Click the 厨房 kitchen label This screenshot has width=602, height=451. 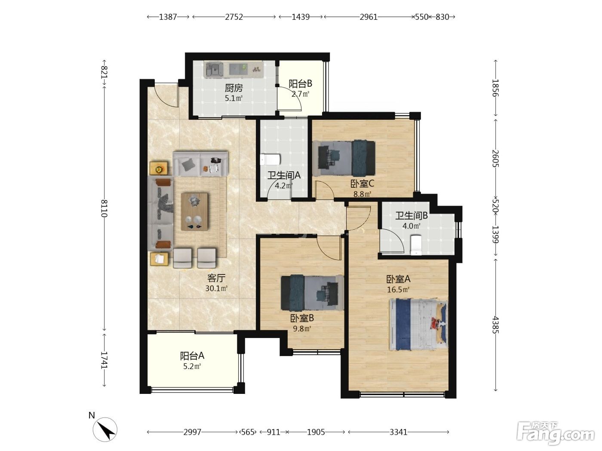click(x=233, y=88)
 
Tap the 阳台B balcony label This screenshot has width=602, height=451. click(x=300, y=84)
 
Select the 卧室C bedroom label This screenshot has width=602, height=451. click(x=362, y=183)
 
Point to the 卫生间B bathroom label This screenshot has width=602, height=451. click(x=411, y=216)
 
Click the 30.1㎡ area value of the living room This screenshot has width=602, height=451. click(x=216, y=288)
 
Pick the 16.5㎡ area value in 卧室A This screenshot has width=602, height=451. click(x=398, y=289)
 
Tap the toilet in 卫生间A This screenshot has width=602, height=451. click(x=270, y=159)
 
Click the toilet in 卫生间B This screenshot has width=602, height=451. click(x=416, y=245)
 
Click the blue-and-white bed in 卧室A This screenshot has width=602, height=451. click(x=418, y=325)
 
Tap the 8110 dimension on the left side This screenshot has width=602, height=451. click(x=104, y=208)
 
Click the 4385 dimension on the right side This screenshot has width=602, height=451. click(x=495, y=325)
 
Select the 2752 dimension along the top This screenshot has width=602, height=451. click(x=234, y=17)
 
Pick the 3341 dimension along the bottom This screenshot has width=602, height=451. click(x=399, y=432)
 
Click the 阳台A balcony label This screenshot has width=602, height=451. click(x=192, y=356)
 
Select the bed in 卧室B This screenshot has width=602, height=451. click(x=312, y=293)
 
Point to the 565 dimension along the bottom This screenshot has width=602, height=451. click(x=248, y=432)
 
